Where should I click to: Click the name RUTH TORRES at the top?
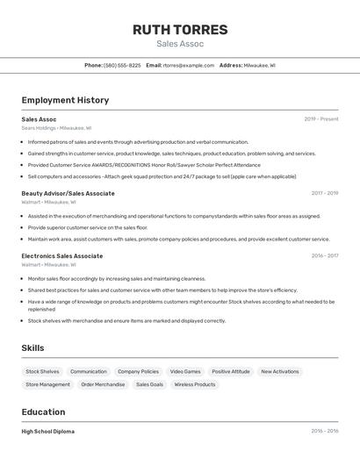[x=180, y=30]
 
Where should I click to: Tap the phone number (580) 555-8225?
[x=122, y=65]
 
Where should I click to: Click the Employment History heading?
[x=65, y=100]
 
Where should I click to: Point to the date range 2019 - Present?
[x=321, y=119]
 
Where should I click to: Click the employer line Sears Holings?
[x=56, y=128]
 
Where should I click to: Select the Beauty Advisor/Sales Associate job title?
[x=68, y=193]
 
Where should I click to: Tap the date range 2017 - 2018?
[x=324, y=193]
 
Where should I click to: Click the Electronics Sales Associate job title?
[x=61, y=256]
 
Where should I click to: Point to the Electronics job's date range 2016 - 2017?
[x=324, y=256]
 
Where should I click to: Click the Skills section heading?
[x=32, y=348]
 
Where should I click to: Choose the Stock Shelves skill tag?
[x=42, y=371]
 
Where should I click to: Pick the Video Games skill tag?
[x=185, y=371]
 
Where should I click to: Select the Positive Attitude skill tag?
[x=231, y=371]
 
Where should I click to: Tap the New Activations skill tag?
[x=280, y=371]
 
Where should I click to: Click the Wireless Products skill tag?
[x=194, y=384]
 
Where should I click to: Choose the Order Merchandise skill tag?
[x=103, y=384]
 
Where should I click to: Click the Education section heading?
[x=43, y=411]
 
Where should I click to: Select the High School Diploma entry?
[x=48, y=432]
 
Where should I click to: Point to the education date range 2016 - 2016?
[x=324, y=432]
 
